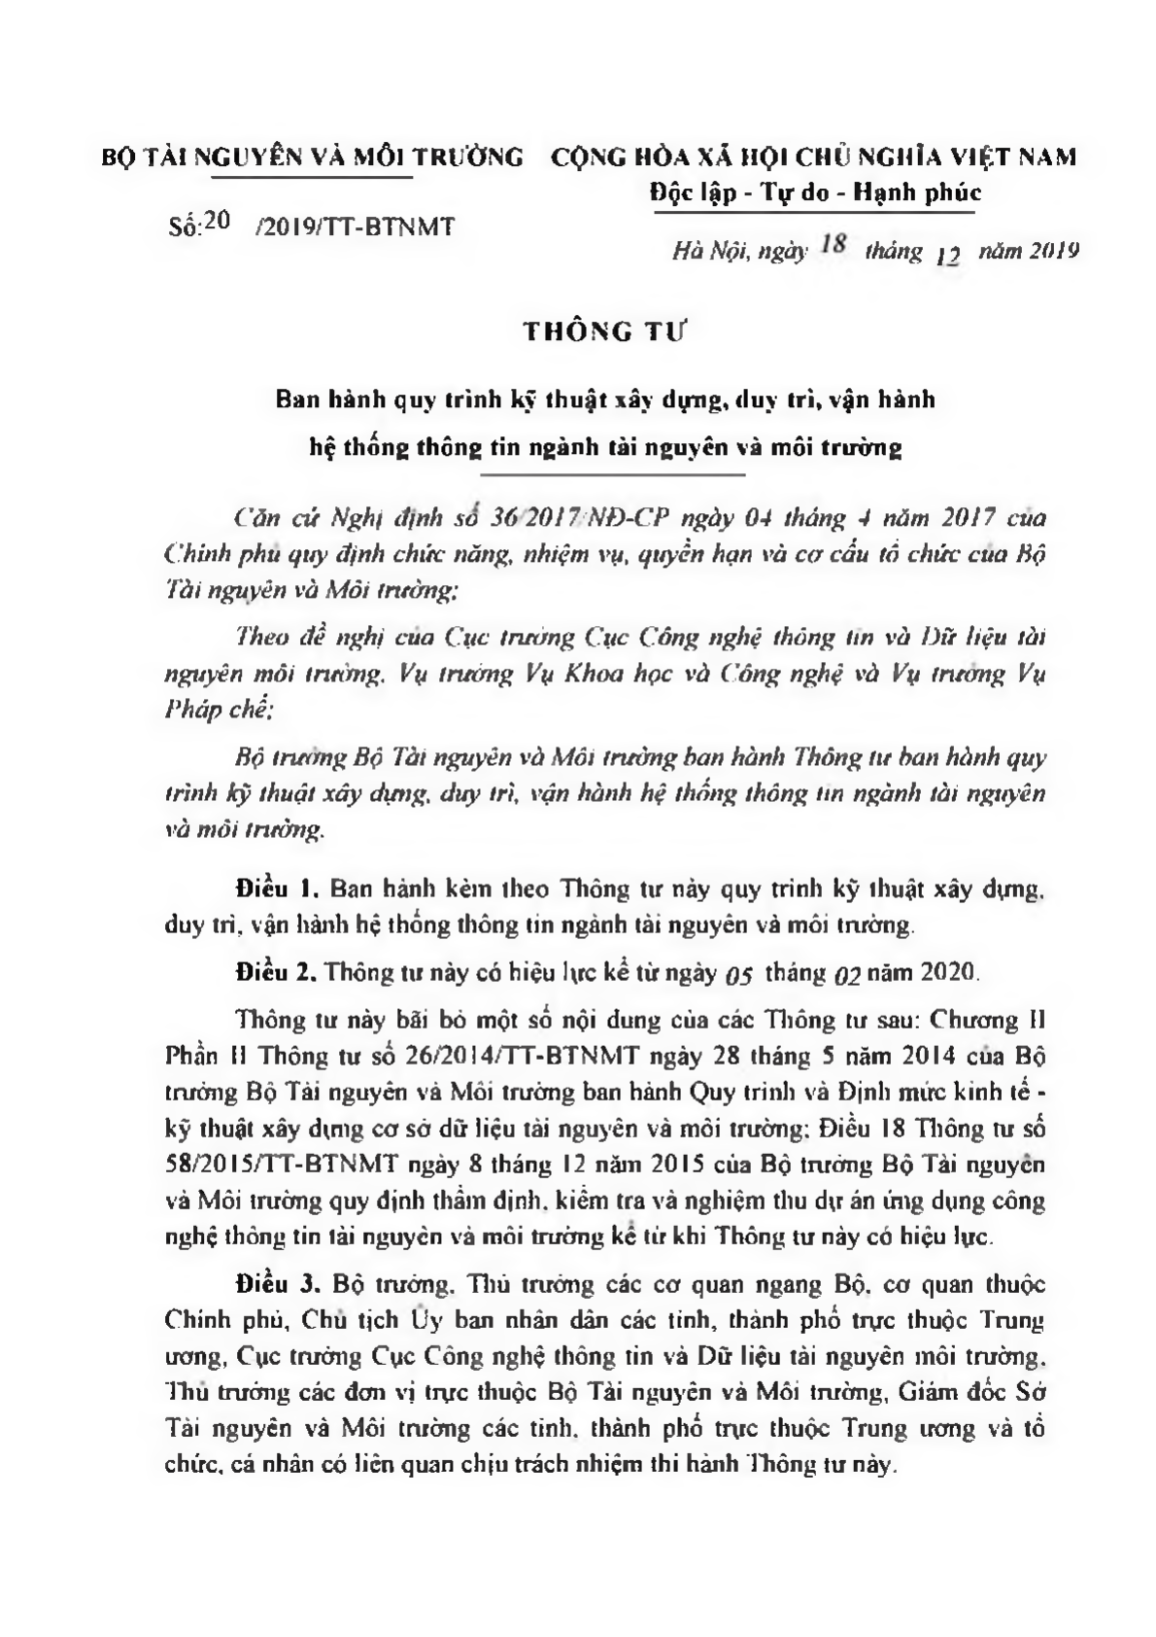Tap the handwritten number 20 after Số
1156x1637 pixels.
tap(217, 222)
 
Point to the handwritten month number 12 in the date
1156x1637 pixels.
tap(947, 257)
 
